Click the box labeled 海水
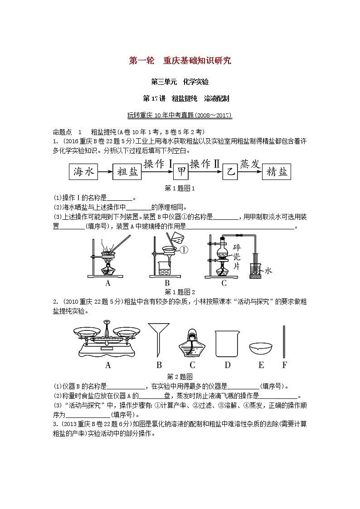[83, 171]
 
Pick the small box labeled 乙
[230, 171]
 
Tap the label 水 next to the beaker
[268, 271]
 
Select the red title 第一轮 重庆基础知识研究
[180, 60]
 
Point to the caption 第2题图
[180, 376]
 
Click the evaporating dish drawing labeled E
[261, 348]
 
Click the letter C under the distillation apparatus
[224, 283]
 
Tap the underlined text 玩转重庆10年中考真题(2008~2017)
[180, 116]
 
